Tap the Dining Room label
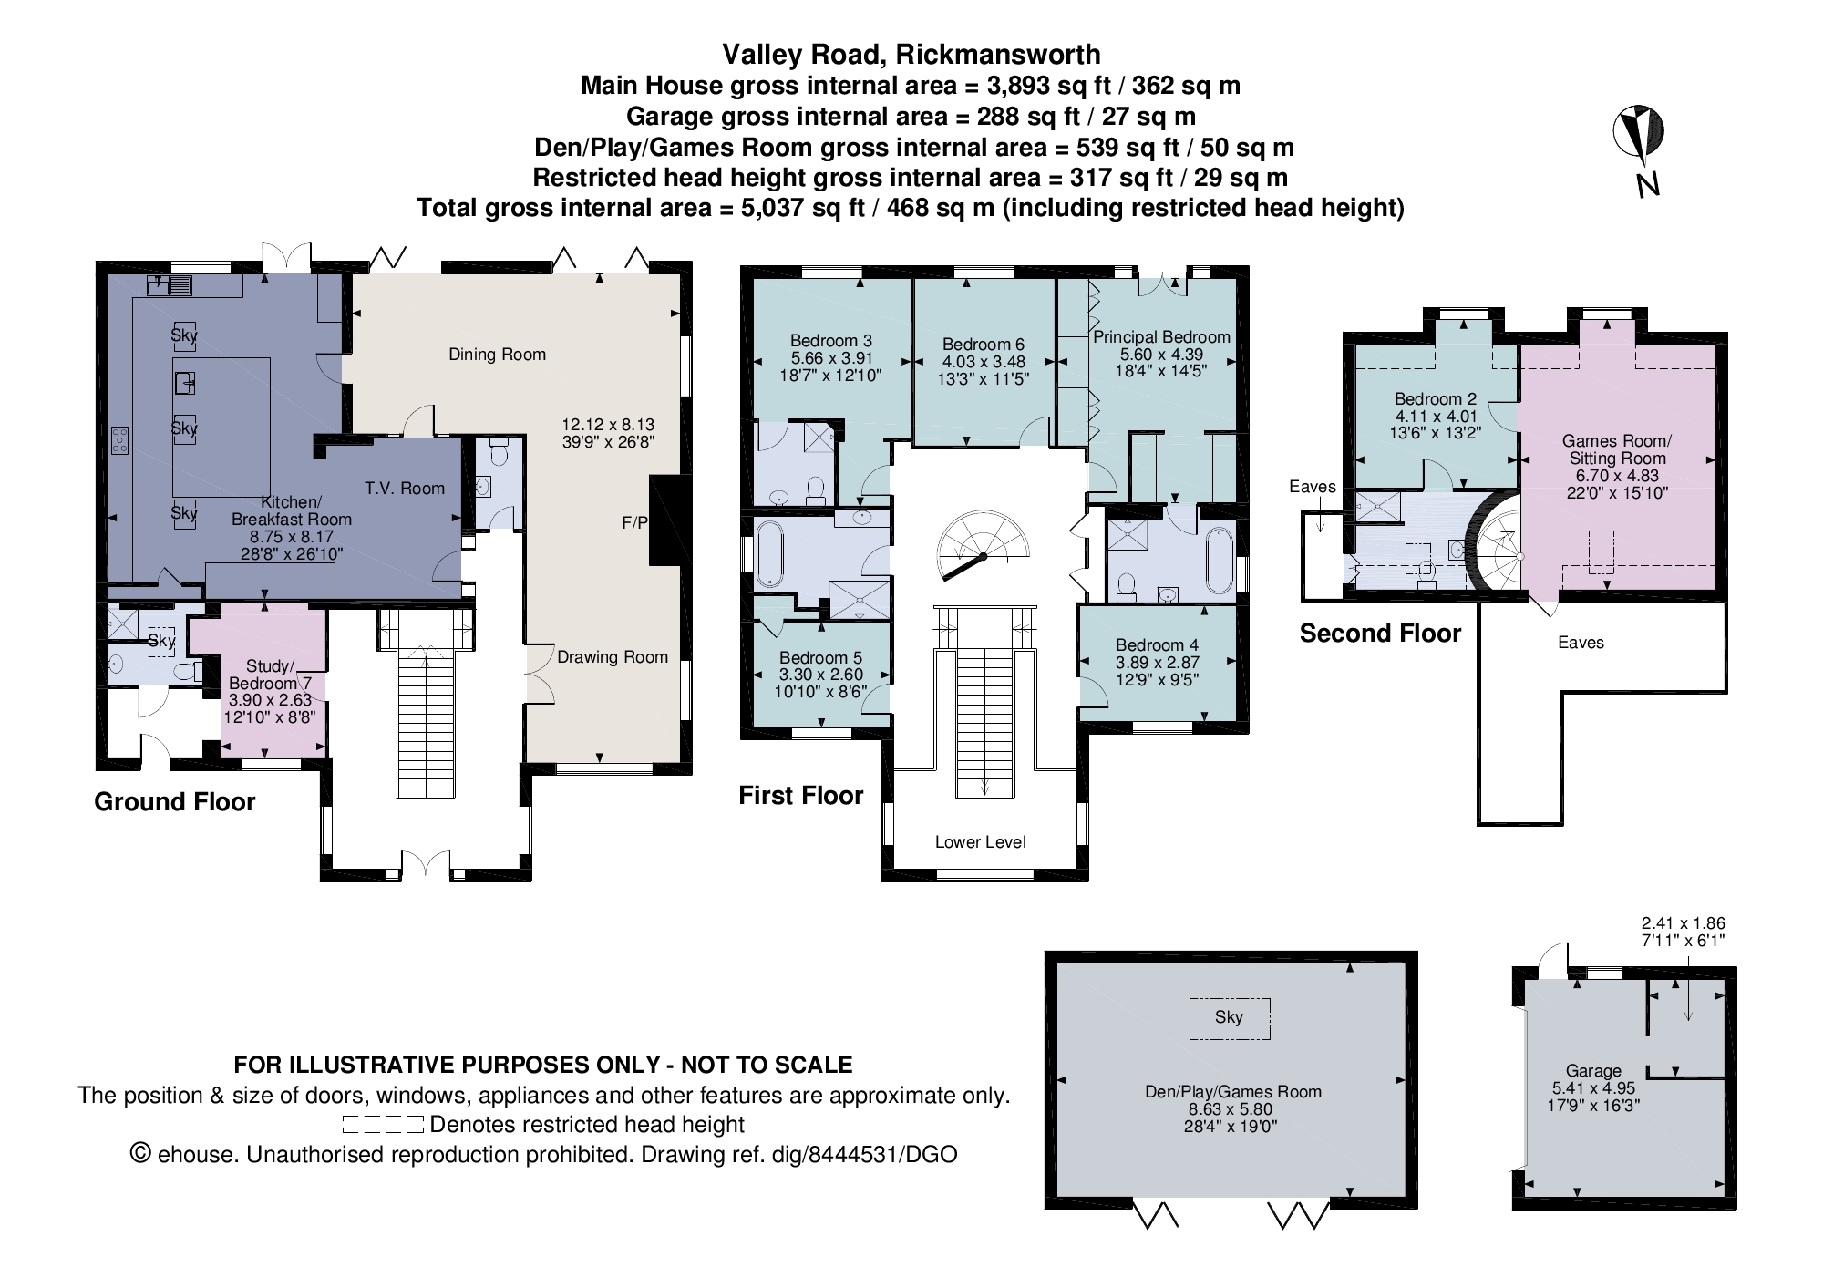coord(497,355)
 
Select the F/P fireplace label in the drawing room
coord(634,523)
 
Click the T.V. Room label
coord(405,489)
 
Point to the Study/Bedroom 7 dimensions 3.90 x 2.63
coord(270,700)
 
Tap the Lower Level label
coord(980,842)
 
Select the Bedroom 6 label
coord(983,345)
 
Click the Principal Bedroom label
coord(1161,337)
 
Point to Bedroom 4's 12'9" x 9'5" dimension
coord(1157,679)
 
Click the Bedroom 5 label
coord(820,658)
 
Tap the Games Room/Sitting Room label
coord(1617,449)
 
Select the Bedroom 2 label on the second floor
coord(1435,399)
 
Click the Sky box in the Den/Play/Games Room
coord(1229,1018)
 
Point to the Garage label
coord(1593,1071)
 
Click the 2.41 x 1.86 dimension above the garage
coord(1683,923)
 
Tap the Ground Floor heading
coord(175,802)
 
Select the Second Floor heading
coord(1380,634)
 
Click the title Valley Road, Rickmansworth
coord(911,55)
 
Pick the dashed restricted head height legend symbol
coord(383,1125)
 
